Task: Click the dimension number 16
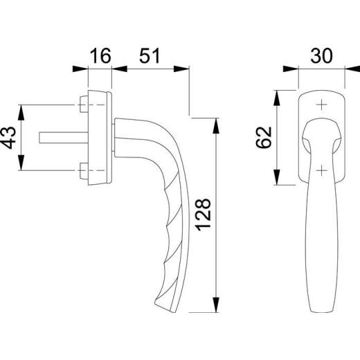[100, 56]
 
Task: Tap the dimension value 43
[10, 138]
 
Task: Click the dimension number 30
[321, 56]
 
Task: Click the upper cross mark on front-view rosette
[321, 105]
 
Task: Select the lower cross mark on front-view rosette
[321, 170]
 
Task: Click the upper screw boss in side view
[84, 105]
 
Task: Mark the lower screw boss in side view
[84, 170]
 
